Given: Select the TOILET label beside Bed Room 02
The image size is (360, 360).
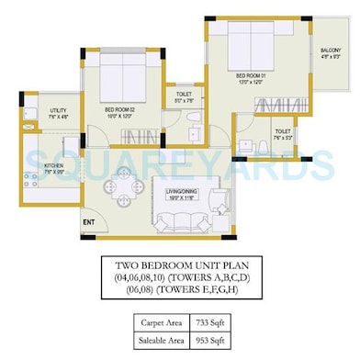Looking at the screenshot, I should [185, 93].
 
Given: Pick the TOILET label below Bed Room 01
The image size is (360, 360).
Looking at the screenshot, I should [283, 132].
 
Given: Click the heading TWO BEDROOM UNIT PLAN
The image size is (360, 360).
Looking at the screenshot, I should [179, 264].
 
